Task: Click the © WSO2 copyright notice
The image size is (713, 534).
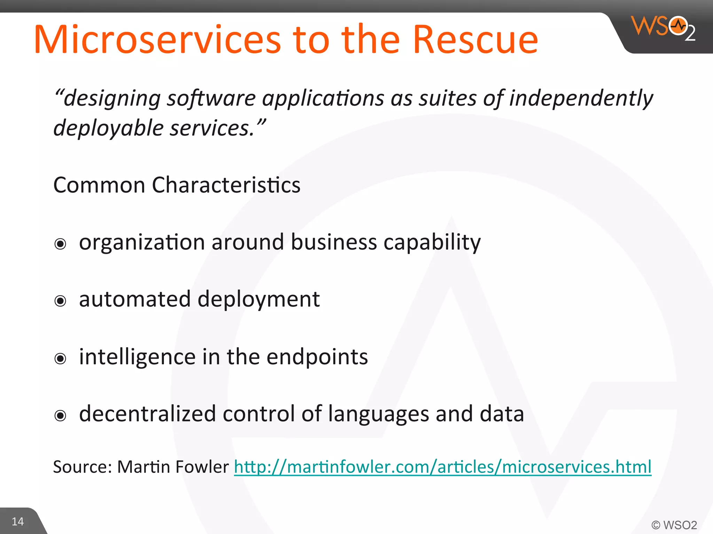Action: (x=674, y=525)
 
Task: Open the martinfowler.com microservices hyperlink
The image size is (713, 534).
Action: (x=442, y=467)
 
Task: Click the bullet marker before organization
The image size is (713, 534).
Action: (x=60, y=244)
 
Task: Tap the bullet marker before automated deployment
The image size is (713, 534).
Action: (x=60, y=301)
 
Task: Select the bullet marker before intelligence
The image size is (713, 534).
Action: (x=60, y=358)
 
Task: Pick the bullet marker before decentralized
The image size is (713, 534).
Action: (x=60, y=415)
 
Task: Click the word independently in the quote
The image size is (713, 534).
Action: (x=581, y=98)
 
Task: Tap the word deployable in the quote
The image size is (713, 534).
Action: (x=108, y=128)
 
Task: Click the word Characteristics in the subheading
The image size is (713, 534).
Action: (x=226, y=185)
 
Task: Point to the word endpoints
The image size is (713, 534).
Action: (x=317, y=357)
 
